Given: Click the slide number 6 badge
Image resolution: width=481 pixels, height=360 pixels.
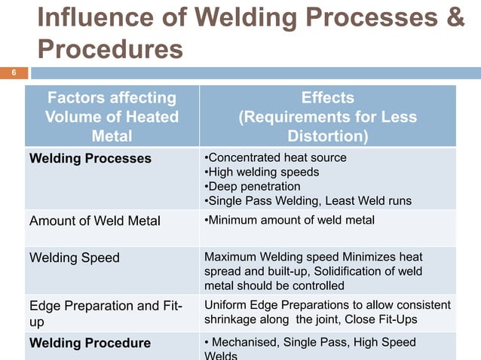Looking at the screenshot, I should pyautogui.click(x=13, y=73).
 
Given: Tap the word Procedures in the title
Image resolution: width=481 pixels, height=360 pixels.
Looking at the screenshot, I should pyautogui.click(x=110, y=49).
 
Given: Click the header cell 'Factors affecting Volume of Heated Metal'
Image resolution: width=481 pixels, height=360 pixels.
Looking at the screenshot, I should pyautogui.click(x=112, y=117).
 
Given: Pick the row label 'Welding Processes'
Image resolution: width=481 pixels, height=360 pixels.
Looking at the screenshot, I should pyautogui.click(x=90, y=158).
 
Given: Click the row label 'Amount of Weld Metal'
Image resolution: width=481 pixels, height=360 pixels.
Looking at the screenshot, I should pyautogui.click(x=94, y=220).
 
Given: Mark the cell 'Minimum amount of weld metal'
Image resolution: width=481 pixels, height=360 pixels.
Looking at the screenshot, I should pyautogui.click(x=290, y=219).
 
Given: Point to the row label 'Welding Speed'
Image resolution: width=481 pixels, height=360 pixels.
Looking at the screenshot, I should pyautogui.click(x=74, y=258).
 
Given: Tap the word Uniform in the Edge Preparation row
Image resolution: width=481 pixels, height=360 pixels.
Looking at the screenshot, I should pyautogui.click(x=225, y=304).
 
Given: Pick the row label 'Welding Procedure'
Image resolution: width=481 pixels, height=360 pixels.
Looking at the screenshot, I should pyautogui.click(x=90, y=343).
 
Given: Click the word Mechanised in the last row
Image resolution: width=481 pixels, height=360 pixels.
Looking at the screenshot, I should pyautogui.click(x=247, y=343).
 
